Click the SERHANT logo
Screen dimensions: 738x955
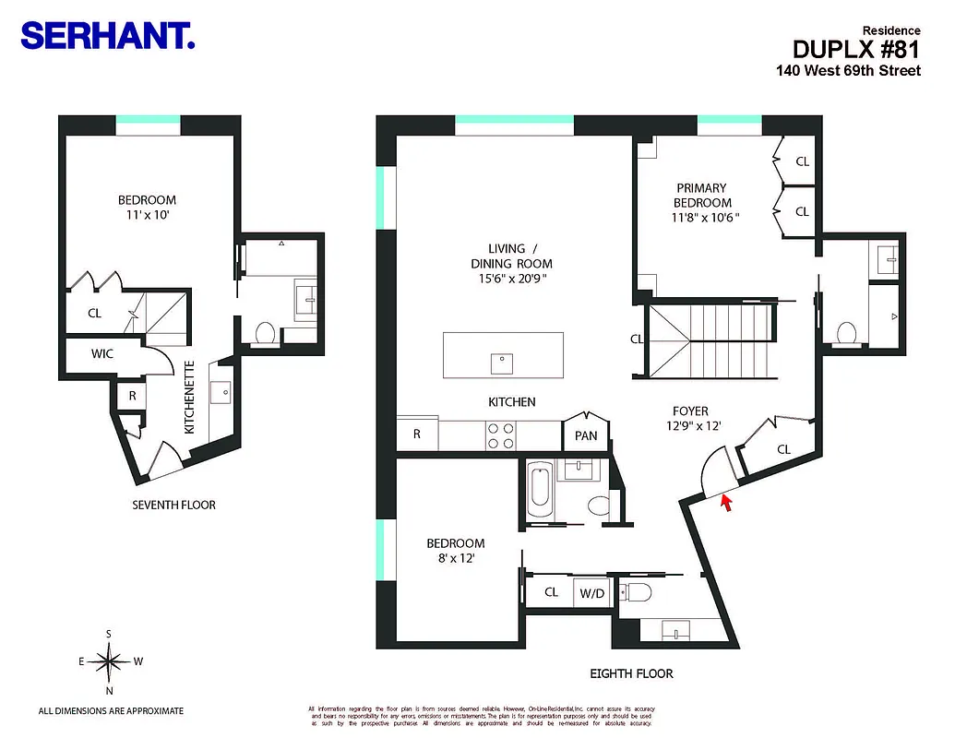[x=107, y=36]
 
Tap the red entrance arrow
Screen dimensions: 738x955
[x=726, y=502]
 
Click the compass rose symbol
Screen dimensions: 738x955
[x=110, y=660]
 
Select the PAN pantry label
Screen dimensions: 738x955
[x=586, y=435]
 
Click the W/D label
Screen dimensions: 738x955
[x=591, y=593]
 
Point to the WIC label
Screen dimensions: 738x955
[x=101, y=353]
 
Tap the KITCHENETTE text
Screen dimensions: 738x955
[x=188, y=398]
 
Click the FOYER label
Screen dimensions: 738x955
[x=690, y=411]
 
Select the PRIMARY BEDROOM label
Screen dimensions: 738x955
[x=701, y=195]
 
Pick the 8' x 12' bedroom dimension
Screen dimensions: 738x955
[x=455, y=558]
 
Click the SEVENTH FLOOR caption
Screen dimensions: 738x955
[x=174, y=505]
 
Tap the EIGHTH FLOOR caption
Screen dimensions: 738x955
[x=632, y=673]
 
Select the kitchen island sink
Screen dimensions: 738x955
[x=503, y=362]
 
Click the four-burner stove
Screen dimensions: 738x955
[x=500, y=435]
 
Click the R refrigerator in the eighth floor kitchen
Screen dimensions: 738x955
[x=417, y=434]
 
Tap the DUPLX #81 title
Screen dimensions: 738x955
[x=856, y=49]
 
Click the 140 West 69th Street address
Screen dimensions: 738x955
[x=847, y=70]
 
